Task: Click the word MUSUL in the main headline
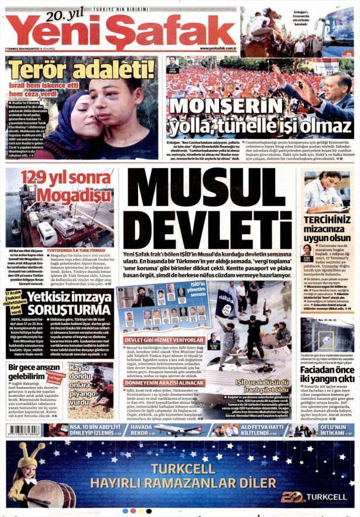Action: tap(212, 197)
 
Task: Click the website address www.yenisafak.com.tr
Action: tap(217, 48)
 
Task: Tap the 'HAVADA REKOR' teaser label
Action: tap(142, 432)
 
